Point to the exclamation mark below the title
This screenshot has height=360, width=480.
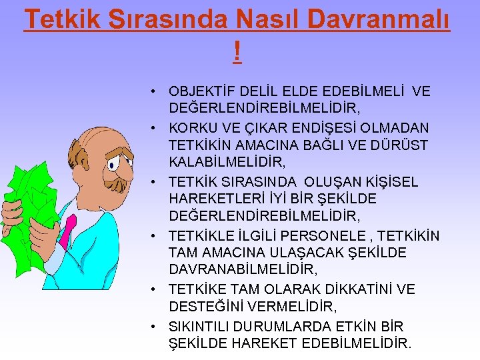[x=237, y=51]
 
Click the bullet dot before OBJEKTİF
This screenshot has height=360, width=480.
[x=153, y=91]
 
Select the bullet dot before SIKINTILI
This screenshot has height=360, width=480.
[x=153, y=327]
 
